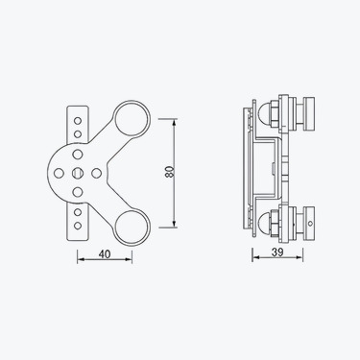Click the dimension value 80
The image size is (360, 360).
[170, 172]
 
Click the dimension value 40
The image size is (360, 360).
[105, 254]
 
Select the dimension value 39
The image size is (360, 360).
[277, 252]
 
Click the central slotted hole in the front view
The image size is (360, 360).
[77, 173]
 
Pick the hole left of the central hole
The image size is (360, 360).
[59, 173]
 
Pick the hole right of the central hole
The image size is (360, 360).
[96, 173]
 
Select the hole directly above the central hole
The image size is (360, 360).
[78, 155]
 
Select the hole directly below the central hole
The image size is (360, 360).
[78, 192]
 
